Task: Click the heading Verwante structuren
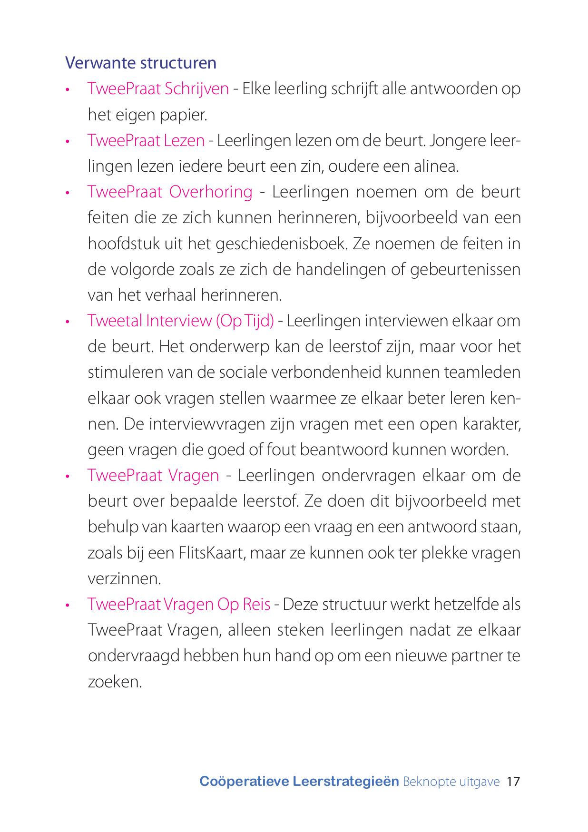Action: tap(141, 63)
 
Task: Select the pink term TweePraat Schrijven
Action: tap(158, 89)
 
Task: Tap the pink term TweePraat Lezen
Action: tap(146, 141)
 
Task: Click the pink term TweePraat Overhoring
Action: tap(170, 192)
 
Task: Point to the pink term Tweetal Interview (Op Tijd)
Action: tap(181, 321)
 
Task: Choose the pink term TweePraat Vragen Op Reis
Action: tap(179, 605)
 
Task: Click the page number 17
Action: tap(514, 782)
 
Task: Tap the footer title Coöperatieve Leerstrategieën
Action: tap(299, 782)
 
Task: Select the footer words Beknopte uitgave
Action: tap(451, 782)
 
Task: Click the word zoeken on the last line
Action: tap(115, 682)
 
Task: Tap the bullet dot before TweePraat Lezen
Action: tap(69, 142)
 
